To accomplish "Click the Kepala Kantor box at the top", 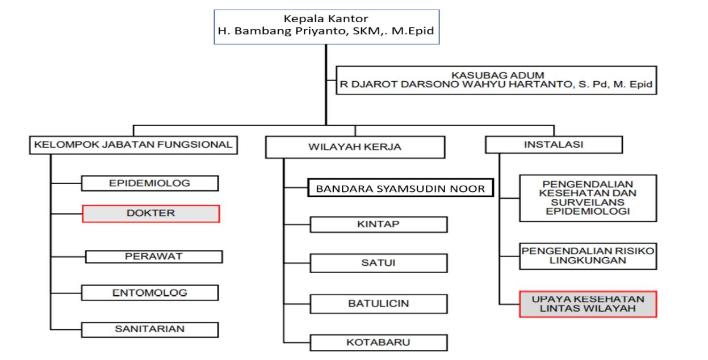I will (325, 26).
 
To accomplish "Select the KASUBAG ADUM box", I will (497, 80).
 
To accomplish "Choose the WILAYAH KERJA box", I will (355, 146).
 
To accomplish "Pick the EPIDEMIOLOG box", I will (150, 183).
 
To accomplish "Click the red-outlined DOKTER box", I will (150, 214).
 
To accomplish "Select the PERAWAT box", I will (153, 256).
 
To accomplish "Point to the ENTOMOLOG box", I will (150, 293).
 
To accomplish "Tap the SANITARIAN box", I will (150, 329).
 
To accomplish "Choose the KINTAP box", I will (378, 224).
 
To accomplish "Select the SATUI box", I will (378, 263).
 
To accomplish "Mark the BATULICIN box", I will (378, 303).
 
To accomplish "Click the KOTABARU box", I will (378, 342).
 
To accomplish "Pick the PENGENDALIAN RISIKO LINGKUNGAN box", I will (588, 256).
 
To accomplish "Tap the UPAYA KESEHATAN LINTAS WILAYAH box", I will (588, 304).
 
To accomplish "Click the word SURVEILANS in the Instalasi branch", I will (588, 202).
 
